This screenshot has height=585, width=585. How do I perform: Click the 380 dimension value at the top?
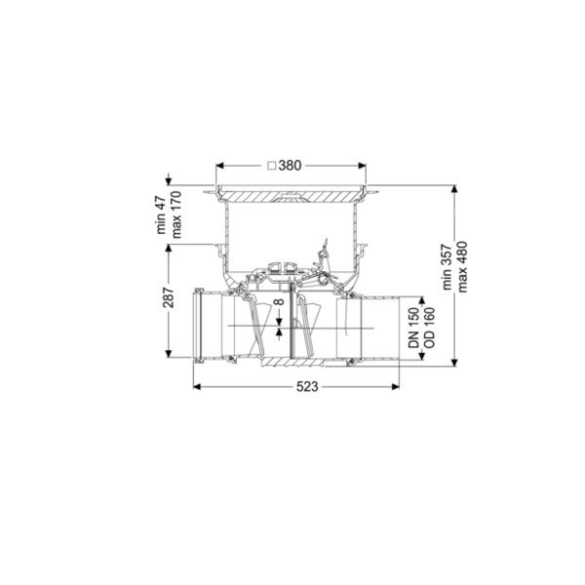[290, 166]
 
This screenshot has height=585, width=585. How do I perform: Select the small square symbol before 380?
[272, 166]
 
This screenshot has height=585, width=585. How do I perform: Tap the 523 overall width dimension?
[307, 387]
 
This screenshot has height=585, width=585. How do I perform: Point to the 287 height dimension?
[169, 297]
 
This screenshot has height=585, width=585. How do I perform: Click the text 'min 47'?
[161, 214]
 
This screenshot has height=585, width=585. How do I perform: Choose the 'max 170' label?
[175, 214]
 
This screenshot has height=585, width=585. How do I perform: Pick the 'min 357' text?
[447, 267]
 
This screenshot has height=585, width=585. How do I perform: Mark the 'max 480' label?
[462, 267]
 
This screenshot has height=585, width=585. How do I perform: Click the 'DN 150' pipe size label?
[413, 328]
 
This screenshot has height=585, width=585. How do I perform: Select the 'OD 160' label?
[429, 328]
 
